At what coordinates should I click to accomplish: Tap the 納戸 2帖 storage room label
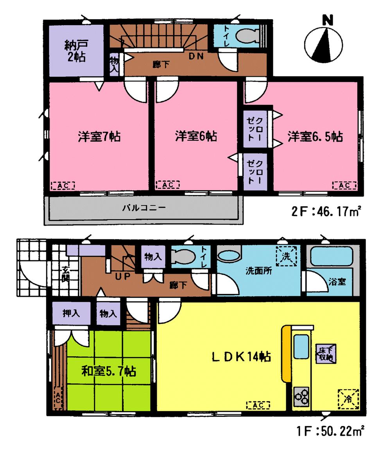point(76,51)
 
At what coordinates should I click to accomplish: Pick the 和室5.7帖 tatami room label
point(108,371)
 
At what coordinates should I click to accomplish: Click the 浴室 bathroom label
point(337,281)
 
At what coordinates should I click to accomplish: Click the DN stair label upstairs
point(196,56)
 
